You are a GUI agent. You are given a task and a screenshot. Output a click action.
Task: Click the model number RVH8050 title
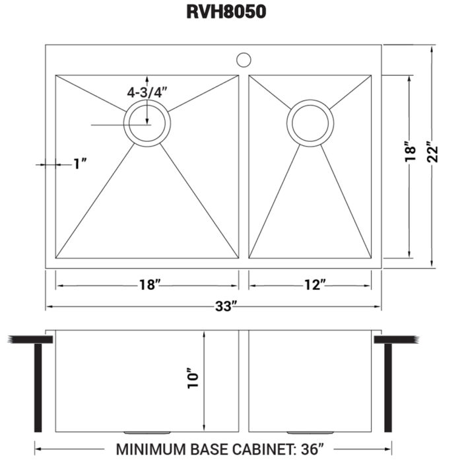click(231, 14)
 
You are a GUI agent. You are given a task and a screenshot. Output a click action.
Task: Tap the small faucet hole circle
click(244, 60)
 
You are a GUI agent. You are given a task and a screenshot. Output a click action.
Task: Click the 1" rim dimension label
click(81, 164)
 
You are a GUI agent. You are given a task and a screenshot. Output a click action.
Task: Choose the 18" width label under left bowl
click(150, 285)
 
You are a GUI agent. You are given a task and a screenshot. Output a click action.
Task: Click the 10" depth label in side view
click(194, 377)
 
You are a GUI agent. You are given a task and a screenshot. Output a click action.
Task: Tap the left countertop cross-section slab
click(30, 339)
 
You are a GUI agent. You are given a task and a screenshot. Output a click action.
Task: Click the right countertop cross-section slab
click(397, 339)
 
